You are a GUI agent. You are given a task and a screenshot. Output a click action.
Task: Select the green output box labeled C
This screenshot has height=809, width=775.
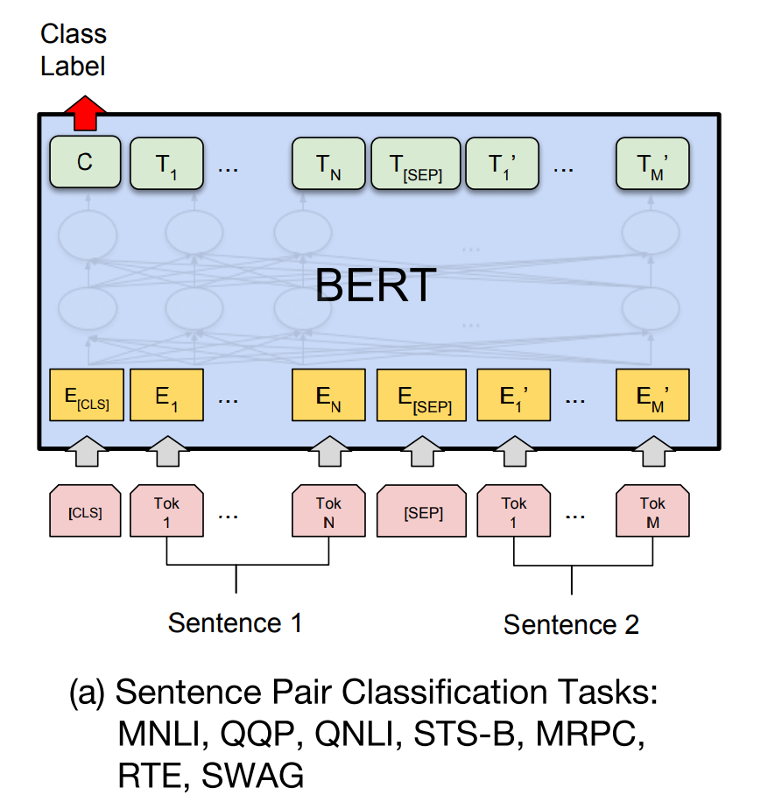(x=85, y=162)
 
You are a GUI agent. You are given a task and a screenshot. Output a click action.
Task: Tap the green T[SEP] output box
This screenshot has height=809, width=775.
(x=414, y=163)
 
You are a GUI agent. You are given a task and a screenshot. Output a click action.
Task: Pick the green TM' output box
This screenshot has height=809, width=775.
(x=652, y=163)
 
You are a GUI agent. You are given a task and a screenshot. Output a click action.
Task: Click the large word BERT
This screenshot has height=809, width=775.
(x=376, y=285)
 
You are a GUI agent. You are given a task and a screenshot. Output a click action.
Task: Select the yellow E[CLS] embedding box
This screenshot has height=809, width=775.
(x=85, y=395)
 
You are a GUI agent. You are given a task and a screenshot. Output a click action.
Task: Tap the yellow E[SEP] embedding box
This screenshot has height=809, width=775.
(x=425, y=395)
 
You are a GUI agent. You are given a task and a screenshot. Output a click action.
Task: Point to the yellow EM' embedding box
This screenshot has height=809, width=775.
(x=652, y=395)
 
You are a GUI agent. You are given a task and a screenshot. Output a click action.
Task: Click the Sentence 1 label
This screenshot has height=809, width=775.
(x=235, y=623)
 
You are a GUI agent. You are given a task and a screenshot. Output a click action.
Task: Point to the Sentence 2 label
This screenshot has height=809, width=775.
(x=571, y=624)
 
